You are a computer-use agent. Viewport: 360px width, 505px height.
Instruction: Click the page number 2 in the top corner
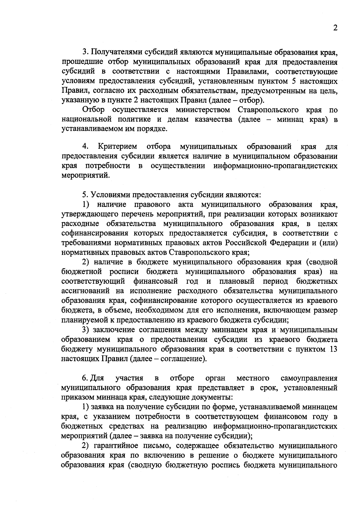click(x=335, y=28)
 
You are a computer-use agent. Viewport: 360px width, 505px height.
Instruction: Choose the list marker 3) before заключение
click(x=86, y=330)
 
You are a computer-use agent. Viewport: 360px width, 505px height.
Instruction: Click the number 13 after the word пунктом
click(x=333, y=349)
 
